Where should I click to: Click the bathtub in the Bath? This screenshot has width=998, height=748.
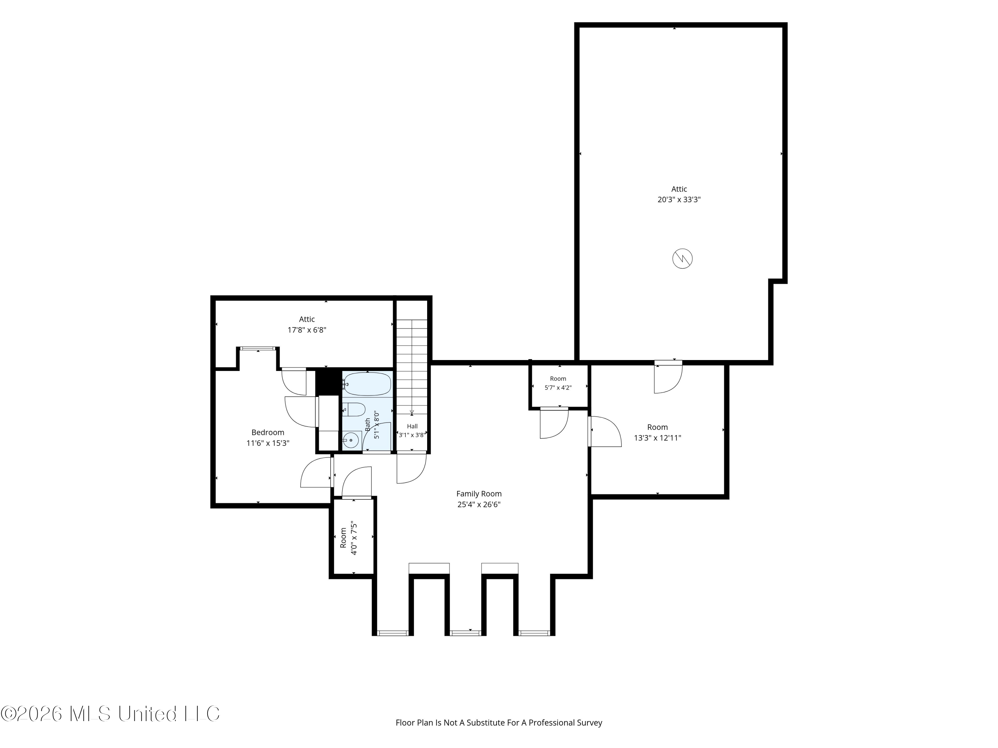(367, 384)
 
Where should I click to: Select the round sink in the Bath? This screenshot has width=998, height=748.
(351, 439)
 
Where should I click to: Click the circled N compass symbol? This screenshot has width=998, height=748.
(682, 259)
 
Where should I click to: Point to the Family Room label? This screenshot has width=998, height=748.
(479, 494)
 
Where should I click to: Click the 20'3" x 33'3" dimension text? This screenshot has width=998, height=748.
(679, 200)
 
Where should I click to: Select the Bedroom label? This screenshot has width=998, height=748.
(268, 433)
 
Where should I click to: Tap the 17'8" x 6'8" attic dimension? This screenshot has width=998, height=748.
(307, 330)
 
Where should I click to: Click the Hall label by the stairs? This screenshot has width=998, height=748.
(413, 426)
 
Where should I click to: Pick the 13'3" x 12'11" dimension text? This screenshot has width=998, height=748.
(657, 438)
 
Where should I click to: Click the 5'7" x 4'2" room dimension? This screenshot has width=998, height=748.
(558, 388)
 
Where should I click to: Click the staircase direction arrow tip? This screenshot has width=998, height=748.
(412, 415)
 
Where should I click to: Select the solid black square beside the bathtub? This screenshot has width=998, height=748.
(328, 381)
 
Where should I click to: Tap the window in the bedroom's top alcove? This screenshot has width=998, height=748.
(257, 348)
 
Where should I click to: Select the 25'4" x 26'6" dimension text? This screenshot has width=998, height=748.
(479, 505)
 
